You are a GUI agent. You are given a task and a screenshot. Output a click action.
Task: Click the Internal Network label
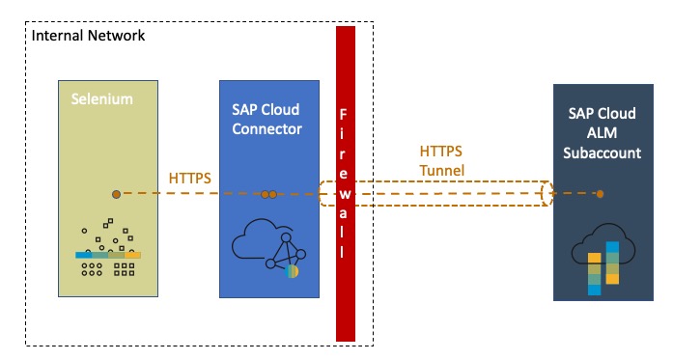tap(89, 35)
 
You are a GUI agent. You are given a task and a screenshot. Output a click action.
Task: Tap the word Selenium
tap(102, 99)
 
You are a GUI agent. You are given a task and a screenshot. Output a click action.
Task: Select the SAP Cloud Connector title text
tap(266, 119)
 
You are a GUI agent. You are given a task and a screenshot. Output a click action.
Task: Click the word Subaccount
tap(603, 152)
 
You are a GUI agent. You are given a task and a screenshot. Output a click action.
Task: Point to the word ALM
tap(603, 133)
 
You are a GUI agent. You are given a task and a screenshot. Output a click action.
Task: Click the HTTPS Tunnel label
tap(441, 160)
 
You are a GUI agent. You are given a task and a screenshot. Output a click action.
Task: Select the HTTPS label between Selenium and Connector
tap(189, 178)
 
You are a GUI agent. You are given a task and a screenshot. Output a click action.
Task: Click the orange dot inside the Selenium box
tap(116, 194)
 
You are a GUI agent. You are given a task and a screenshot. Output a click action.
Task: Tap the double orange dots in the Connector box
tap(268, 194)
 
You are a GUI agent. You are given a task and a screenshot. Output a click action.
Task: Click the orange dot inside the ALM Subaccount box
tap(600, 194)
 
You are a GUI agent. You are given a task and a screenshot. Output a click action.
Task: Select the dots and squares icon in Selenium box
tap(108, 247)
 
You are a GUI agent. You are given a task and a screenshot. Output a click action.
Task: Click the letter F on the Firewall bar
tap(343, 115)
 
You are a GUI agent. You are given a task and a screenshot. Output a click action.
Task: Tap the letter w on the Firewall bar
tap(345, 194)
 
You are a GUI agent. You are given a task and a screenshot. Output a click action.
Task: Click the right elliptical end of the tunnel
tap(547, 194)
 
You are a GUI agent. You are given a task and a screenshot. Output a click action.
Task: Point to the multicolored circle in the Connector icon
tap(292, 271)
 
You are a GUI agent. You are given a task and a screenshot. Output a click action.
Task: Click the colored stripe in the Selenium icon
tap(108, 255)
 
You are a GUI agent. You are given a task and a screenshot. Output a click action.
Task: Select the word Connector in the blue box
tap(266, 128)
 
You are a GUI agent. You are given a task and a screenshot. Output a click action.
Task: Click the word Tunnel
tap(442, 170)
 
